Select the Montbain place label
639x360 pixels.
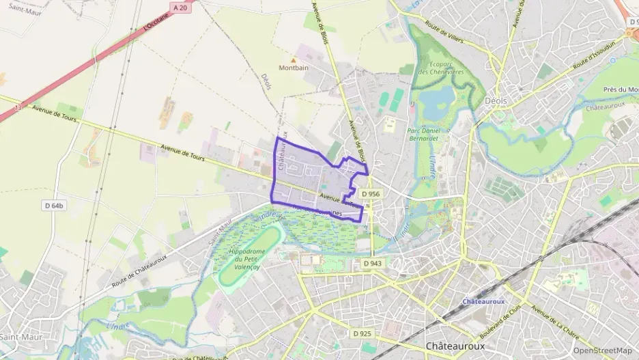(294, 68)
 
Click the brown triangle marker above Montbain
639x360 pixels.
(294, 59)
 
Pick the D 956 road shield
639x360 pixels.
(371, 195)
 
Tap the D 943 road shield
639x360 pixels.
(373, 264)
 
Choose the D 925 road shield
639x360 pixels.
(363, 333)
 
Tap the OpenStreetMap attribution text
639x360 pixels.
(602, 350)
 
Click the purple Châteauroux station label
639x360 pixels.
(483, 301)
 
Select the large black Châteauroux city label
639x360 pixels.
(455, 346)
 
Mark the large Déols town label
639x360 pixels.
(496, 100)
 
